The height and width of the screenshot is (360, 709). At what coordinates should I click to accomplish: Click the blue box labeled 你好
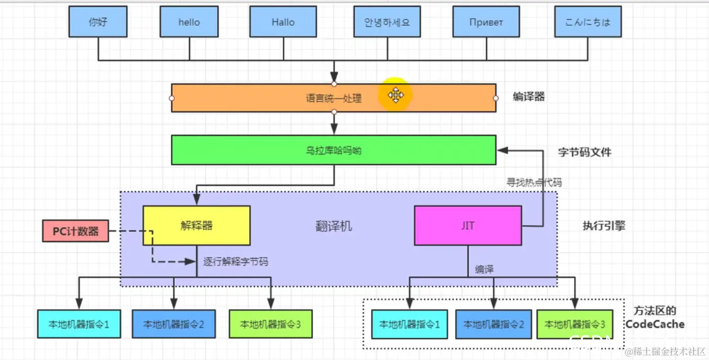(97, 22)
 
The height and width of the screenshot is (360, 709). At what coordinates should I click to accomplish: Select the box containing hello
(189, 22)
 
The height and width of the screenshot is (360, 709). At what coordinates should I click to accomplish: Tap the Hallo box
(283, 22)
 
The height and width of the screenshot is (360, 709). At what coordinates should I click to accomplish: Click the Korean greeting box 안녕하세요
(387, 22)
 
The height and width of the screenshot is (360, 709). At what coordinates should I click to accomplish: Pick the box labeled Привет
(486, 22)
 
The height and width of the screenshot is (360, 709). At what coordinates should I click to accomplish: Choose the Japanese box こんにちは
(588, 22)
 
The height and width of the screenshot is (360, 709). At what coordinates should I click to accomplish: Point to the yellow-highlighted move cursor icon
(395, 95)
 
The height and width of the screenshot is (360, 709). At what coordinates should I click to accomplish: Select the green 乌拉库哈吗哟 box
(333, 150)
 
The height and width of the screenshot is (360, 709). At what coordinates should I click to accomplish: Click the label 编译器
(529, 96)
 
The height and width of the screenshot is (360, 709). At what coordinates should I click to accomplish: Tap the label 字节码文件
(585, 152)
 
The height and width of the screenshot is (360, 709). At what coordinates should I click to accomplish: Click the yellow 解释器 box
(197, 226)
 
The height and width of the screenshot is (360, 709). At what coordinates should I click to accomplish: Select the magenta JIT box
(468, 226)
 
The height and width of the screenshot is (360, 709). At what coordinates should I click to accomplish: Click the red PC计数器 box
(76, 231)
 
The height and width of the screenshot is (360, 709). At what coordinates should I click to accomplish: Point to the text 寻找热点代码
(535, 182)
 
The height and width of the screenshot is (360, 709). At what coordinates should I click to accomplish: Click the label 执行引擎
(604, 226)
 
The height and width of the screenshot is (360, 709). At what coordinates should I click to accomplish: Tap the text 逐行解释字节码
(236, 262)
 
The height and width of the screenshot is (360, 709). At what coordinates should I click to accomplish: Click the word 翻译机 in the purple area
(333, 226)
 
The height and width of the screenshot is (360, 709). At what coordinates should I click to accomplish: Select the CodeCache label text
(655, 323)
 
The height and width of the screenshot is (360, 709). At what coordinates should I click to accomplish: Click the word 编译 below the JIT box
(484, 269)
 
